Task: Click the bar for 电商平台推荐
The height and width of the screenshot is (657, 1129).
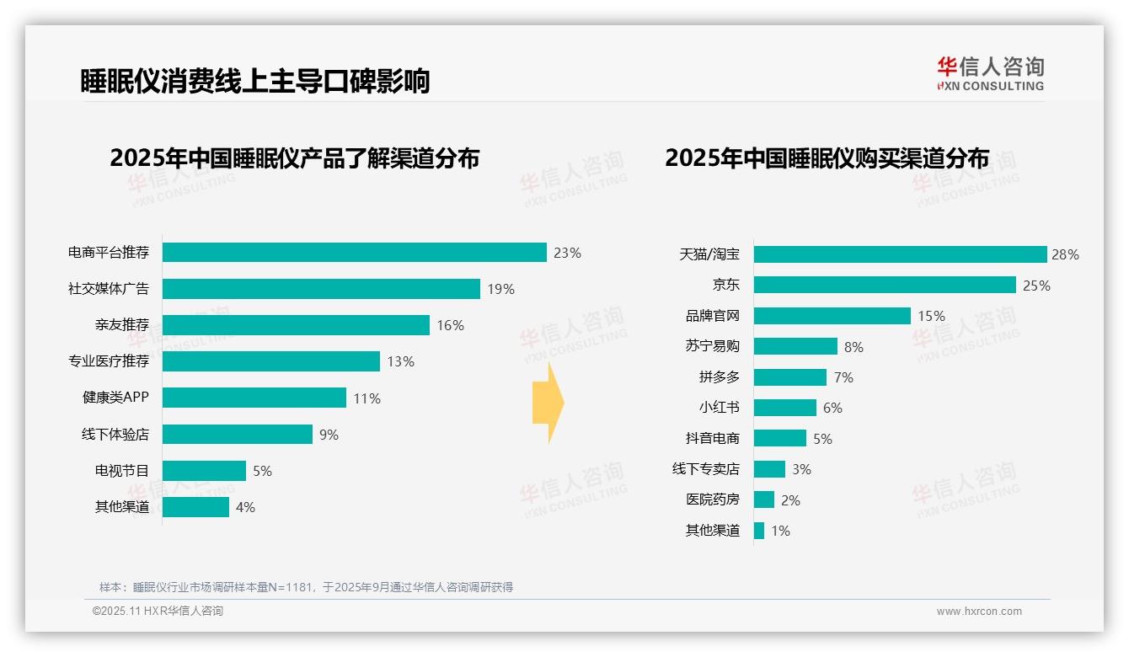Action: (354, 253)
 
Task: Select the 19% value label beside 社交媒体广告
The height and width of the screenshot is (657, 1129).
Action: (500, 289)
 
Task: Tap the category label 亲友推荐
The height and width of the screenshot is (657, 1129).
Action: (121, 325)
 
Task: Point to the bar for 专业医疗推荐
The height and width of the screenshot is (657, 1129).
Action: (270, 361)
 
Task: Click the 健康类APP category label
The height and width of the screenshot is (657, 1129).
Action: (115, 398)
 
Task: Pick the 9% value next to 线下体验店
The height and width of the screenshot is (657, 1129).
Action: (329, 435)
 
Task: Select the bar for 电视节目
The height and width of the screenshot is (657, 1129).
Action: (204, 471)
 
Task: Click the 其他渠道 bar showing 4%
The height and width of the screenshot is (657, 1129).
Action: (195, 507)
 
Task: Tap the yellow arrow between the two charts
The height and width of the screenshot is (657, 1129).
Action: (548, 403)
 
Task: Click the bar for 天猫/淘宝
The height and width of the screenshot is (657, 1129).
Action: (900, 254)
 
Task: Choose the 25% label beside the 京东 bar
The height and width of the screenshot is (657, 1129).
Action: (1036, 286)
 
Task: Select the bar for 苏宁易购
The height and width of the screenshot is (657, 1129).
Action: (795, 346)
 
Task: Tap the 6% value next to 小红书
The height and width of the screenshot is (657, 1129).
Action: (832, 408)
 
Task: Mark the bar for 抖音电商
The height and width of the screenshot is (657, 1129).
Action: (779, 438)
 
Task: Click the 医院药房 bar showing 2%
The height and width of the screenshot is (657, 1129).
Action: (763, 499)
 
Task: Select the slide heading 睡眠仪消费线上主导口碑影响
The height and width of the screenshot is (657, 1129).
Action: (254, 81)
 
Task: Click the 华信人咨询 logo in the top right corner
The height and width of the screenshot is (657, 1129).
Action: (990, 73)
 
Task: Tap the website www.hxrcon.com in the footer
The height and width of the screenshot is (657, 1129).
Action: (978, 611)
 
